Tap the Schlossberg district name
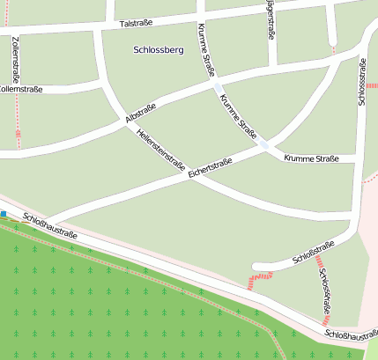pos(158,50)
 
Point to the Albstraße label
pos(141,112)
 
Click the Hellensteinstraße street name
pos(160,149)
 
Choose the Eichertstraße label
pos(210,168)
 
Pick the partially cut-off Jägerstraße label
pos(269,18)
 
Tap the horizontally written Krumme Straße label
pos(312,158)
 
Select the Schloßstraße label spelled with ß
pos(313,253)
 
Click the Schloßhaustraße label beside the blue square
pos(50,226)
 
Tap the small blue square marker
pos(4,214)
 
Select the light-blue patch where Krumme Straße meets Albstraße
pos(218,88)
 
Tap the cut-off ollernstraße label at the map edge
pos(21,89)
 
